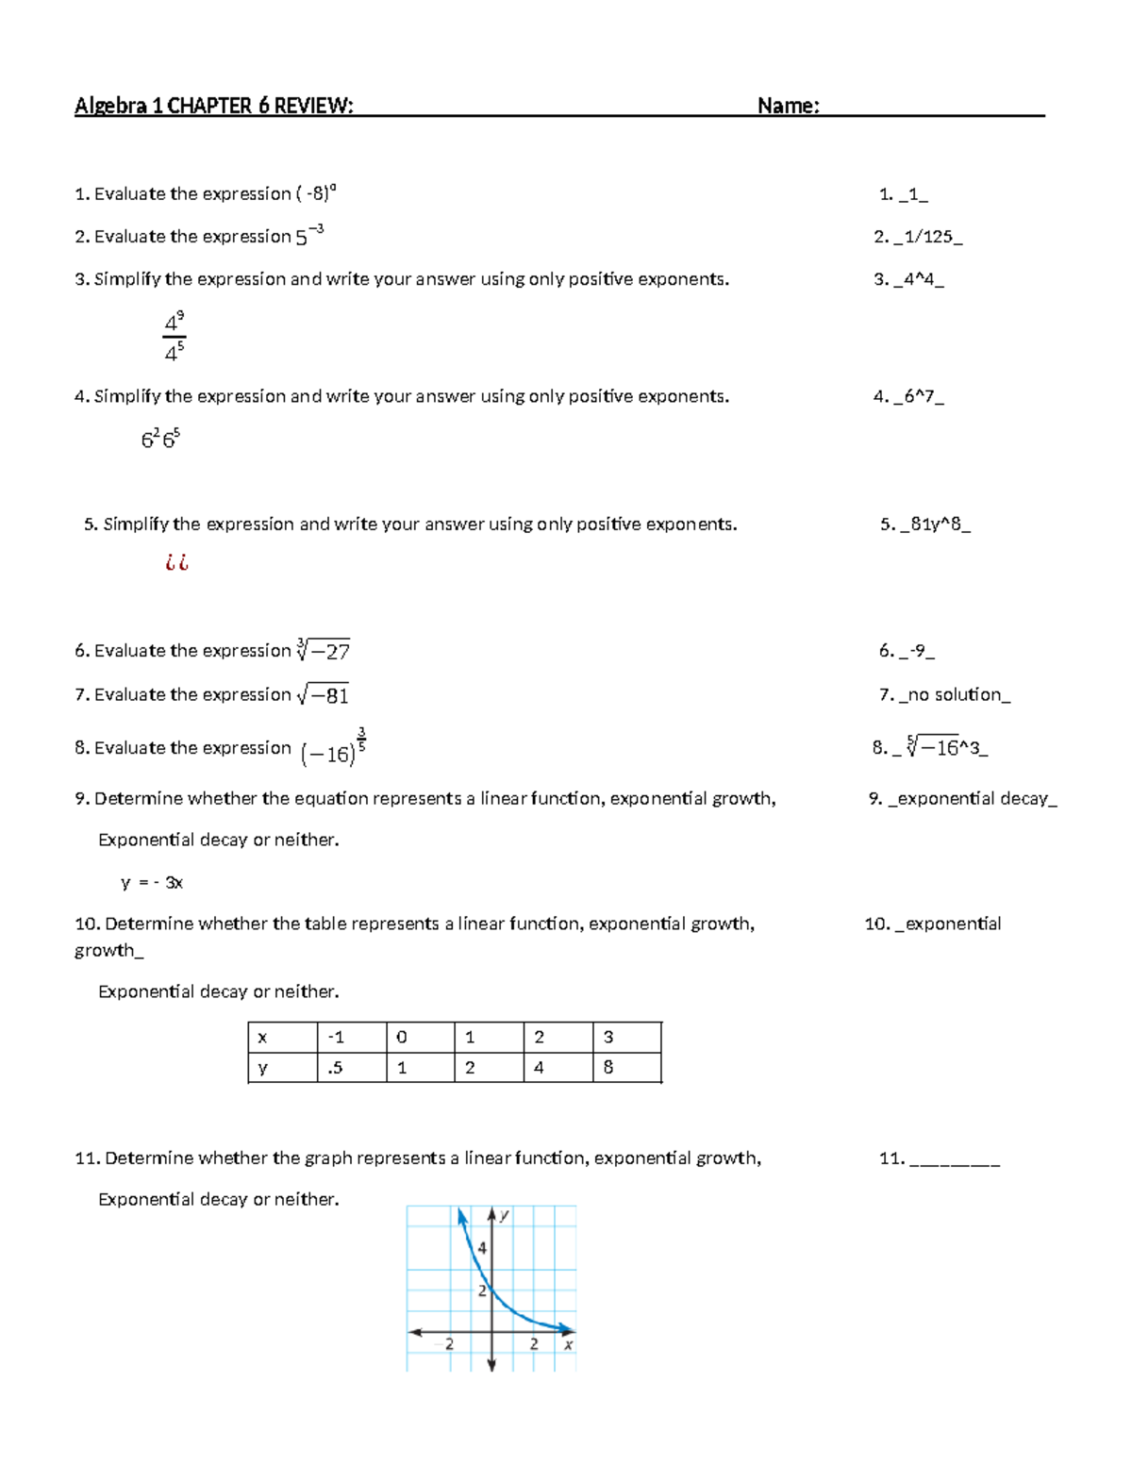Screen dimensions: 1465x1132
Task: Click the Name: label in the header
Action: [x=788, y=106]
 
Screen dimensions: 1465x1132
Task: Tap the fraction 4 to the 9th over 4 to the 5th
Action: [x=175, y=338]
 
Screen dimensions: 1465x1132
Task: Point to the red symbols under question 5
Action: [x=176, y=563]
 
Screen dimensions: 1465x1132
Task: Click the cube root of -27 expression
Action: [x=324, y=650]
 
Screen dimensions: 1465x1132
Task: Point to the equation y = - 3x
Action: [x=152, y=883]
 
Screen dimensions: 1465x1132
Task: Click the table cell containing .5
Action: [x=336, y=1068]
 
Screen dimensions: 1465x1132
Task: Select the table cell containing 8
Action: [x=608, y=1068]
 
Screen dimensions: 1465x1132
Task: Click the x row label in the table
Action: [x=262, y=1038]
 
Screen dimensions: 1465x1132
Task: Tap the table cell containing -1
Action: [x=336, y=1038]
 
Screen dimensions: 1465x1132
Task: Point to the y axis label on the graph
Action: [x=505, y=1215]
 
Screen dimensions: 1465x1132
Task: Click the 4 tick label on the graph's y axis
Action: [x=481, y=1248]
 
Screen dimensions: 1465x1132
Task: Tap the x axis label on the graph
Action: [x=568, y=1345]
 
